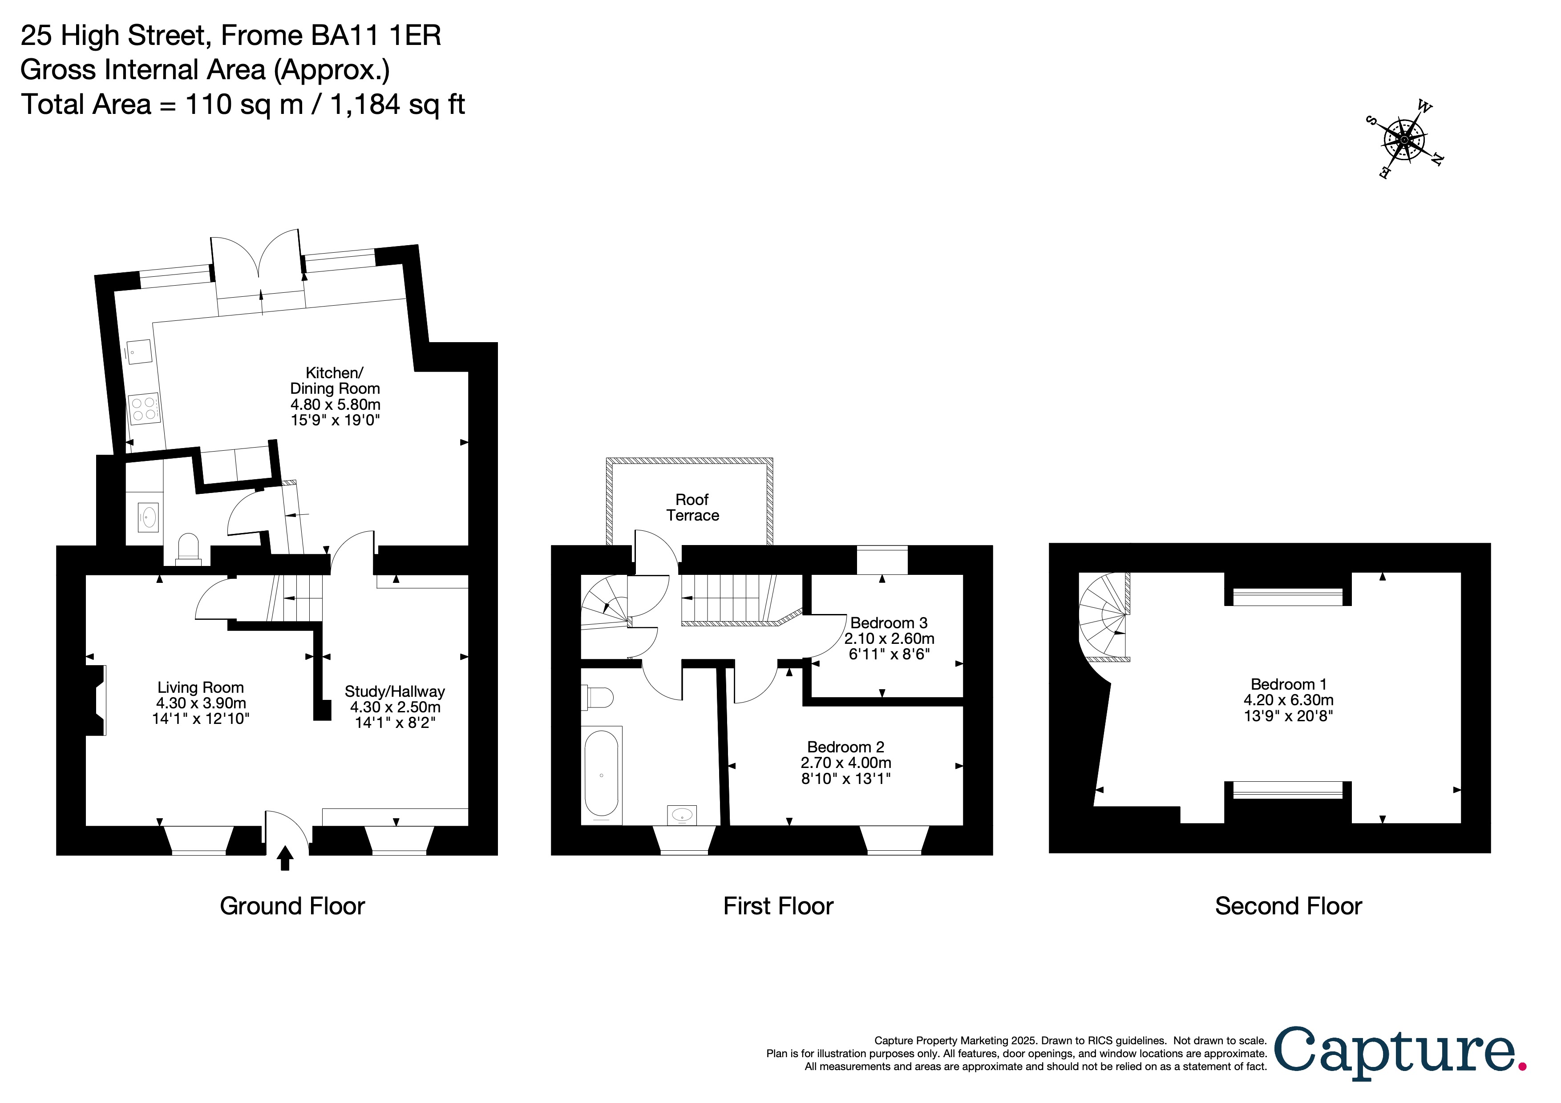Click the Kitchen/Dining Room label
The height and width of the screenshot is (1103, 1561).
(335, 380)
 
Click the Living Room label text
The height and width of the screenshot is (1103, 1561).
(201, 688)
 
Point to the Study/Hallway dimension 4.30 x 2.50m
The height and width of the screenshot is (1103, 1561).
(395, 707)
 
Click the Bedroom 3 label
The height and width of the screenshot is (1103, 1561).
(889, 623)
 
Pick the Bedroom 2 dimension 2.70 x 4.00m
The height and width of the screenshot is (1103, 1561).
(846, 763)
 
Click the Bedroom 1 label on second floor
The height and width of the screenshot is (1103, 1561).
(1288, 684)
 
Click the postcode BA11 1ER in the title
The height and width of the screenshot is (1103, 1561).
(376, 35)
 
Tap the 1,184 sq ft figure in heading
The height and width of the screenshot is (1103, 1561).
(398, 105)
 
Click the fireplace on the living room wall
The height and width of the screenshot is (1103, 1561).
(96, 700)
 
